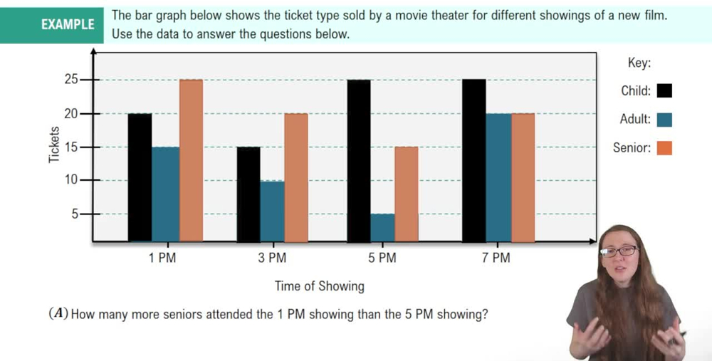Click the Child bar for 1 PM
tap(140, 177)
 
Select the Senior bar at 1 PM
tap(191, 160)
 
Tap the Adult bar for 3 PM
tap(272, 211)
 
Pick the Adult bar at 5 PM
tap(382, 228)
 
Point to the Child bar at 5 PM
tap(359, 160)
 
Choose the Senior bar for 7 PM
tap(523, 177)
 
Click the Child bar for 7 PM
tap(473, 160)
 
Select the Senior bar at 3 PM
tap(296, 177)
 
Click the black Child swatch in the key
tap(665, 90)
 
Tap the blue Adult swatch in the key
tap(665, 120)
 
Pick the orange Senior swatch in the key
tap(665, 148)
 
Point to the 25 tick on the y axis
tap(70, 80)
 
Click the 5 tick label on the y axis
tap(75, 213)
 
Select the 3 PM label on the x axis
tap(272, 258)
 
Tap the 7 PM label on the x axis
tap(496, 258)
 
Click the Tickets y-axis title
tap(55, 145)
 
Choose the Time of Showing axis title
tap(320, 286)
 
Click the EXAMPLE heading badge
tap(68, 24)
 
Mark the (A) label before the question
tap(58, 313)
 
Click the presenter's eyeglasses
tap(620, 251)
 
